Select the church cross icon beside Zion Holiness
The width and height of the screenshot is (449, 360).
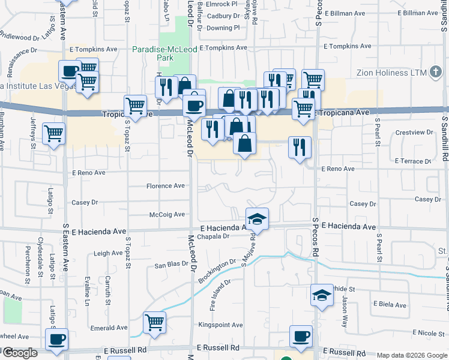(437, 73)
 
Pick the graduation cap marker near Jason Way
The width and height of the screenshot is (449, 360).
(322, 295)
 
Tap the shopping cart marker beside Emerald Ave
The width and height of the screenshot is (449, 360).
(155, 323)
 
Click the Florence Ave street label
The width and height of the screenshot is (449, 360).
(166, 186)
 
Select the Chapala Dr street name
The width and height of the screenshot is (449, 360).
(214, 236)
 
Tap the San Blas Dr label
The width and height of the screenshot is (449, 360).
(172, 265)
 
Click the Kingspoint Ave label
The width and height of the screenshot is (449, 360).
(221, 325)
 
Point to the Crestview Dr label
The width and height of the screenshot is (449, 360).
(415, 132)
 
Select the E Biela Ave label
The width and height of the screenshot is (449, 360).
(390, 304)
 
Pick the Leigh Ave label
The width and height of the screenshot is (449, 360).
(108, 253)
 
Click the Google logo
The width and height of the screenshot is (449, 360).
(20, 353)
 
